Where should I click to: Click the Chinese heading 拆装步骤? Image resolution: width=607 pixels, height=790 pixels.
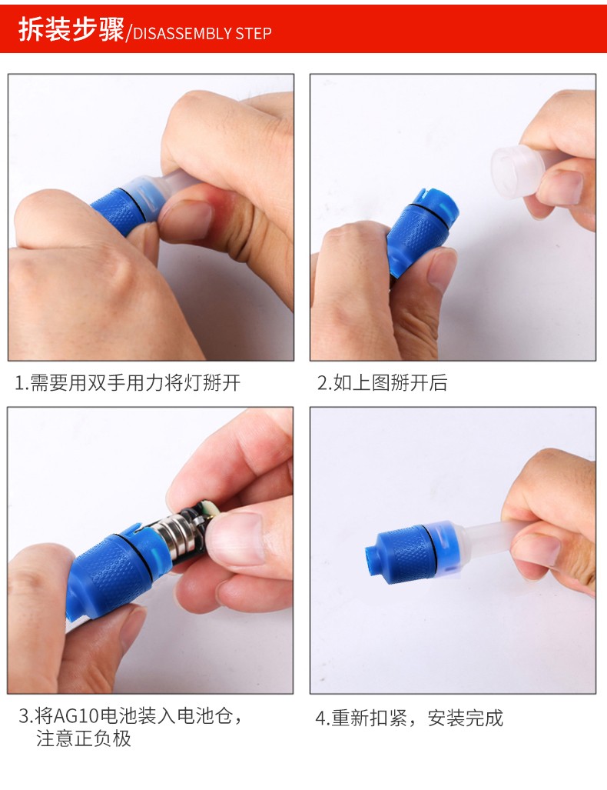pyautogui.click(x=71, y=29)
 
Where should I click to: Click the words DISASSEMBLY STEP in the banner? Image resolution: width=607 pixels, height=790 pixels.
pyautogui.click(x=202, y=34)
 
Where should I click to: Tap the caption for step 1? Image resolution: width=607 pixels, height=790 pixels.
pyautogui.click(x=128, y=383)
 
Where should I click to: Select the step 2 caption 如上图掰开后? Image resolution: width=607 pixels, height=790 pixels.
pyautogui.click(x=390, y=383)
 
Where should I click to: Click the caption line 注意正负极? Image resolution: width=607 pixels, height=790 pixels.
pyautogui.click(x=84, y=738)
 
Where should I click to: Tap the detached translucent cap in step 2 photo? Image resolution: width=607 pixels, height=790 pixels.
pyautogui.click(x=519, y=170)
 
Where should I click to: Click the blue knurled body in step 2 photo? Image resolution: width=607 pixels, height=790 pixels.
pyautogui.click(x=420, y=231)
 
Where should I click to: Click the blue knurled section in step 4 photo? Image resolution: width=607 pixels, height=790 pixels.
pyautogui.click(x=405, y=554)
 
